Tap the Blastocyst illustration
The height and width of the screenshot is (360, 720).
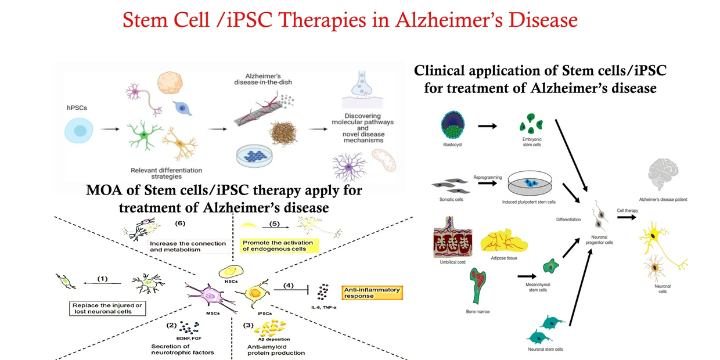pyautogui.click(x=453, y=124)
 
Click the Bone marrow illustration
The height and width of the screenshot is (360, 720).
pyautogui.click(x=478, y=285)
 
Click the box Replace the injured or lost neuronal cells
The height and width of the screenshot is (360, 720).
pyautogui.click(x=108, y=308)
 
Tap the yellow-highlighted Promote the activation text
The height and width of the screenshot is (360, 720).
pyautogui.click(x=278, y=246)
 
